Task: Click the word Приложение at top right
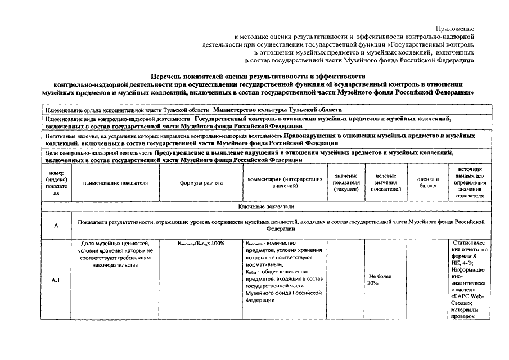click(x=454, y=28)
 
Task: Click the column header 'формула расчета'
click(x=201, y=183)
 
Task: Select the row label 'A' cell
click(x=56, y=226)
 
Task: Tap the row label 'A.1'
click(x=56, y=280)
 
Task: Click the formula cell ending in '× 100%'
click(x=201, y=244)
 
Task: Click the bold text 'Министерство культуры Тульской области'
click(x=277, y=110)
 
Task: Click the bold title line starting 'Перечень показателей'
click(x=258, y=76)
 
